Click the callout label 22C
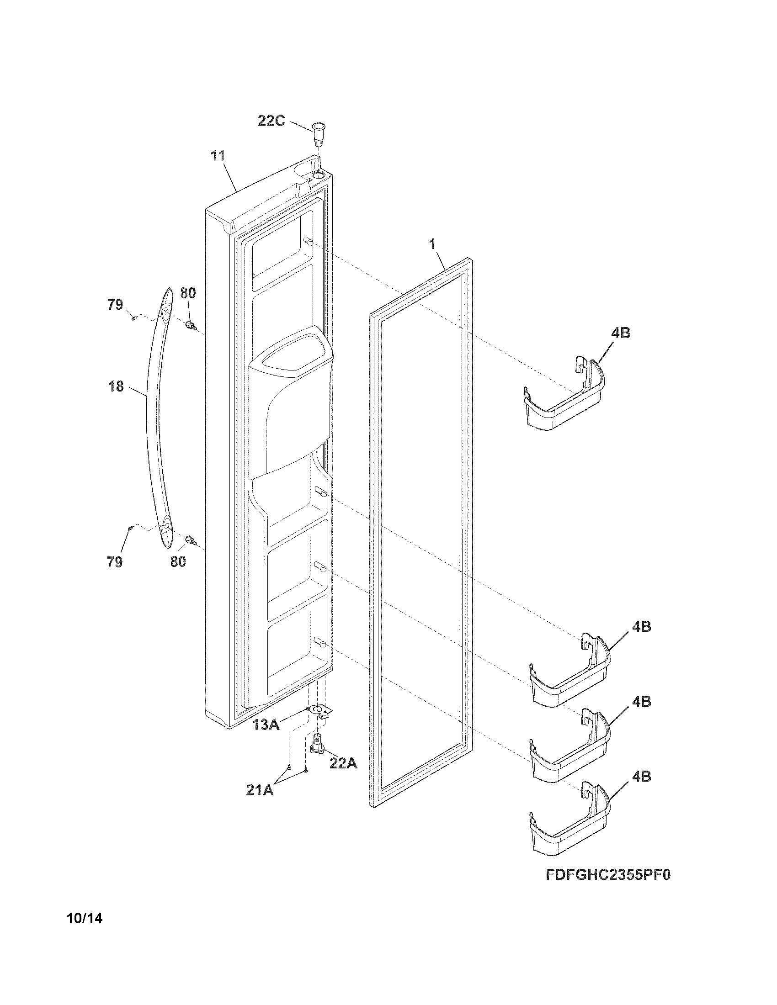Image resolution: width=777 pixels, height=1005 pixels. pyautogui.click(x=271, y=121)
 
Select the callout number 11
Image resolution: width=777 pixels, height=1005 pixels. pyautogui.click(x=218, y=155)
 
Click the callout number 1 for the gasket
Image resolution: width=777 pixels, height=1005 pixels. pyautogui.click(x=433, y=244)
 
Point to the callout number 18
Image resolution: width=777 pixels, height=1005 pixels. pyautogui.click(x=116, y=386)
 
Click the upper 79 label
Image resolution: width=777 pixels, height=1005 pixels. pyautogui.click(x=115, y=305)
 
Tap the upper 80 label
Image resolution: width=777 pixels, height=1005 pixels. pyautogui.click(x=187, y=293)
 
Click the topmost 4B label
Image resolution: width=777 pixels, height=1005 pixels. pyautogui.click(x=621, y=333)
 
